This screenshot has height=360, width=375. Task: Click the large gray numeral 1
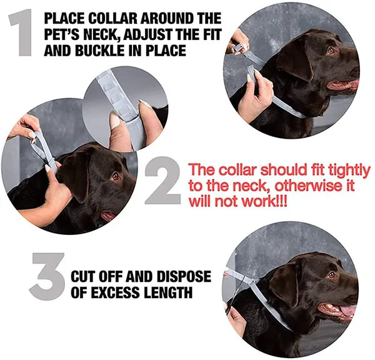(x=22, y=32)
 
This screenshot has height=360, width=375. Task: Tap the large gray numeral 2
(x=162, y=181)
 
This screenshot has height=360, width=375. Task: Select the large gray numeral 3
(x=47, y=276)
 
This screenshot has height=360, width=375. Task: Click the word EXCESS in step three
(x=115, y=292)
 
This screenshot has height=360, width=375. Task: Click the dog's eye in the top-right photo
(x=331, y=51)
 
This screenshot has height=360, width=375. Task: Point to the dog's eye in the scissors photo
(x=331, y=275)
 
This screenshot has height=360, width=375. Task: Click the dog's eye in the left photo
(x=115, y=176)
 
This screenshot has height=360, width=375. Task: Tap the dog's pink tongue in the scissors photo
(x=348, y=311)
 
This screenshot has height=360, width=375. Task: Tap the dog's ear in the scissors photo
(x=286, y=284)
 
